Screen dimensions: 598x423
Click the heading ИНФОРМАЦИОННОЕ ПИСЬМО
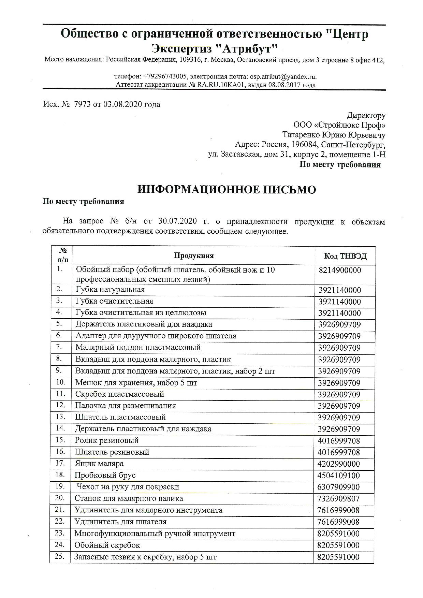click(x=227, y=190)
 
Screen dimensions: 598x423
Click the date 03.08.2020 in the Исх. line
click(x=121, y=104)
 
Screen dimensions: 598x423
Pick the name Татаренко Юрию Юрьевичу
click(x=334, y=135)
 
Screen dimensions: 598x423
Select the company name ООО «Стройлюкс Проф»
click(x=339, y=125)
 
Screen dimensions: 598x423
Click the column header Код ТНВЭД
click(x=345, y=256)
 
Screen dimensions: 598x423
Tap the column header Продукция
click(x=194, y=256)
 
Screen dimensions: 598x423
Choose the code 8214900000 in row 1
click(x=340, y=270)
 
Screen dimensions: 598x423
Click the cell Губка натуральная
click(x=110, y=290)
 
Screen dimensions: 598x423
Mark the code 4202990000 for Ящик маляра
click(x=339, y=464)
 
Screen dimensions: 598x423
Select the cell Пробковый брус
click(x=105, y=475)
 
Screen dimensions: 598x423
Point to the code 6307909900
click(x=339, y=487)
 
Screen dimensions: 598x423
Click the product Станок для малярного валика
click(x=129, y=498)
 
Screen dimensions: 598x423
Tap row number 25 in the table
click(x=60, y=556)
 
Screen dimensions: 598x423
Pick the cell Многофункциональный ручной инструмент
click(x=155, y=533)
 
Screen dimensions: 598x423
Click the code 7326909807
click(x=339, y=499)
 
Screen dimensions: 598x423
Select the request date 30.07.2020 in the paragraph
click(x=178, y=221)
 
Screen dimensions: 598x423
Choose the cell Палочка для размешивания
click(x=126, y=406)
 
